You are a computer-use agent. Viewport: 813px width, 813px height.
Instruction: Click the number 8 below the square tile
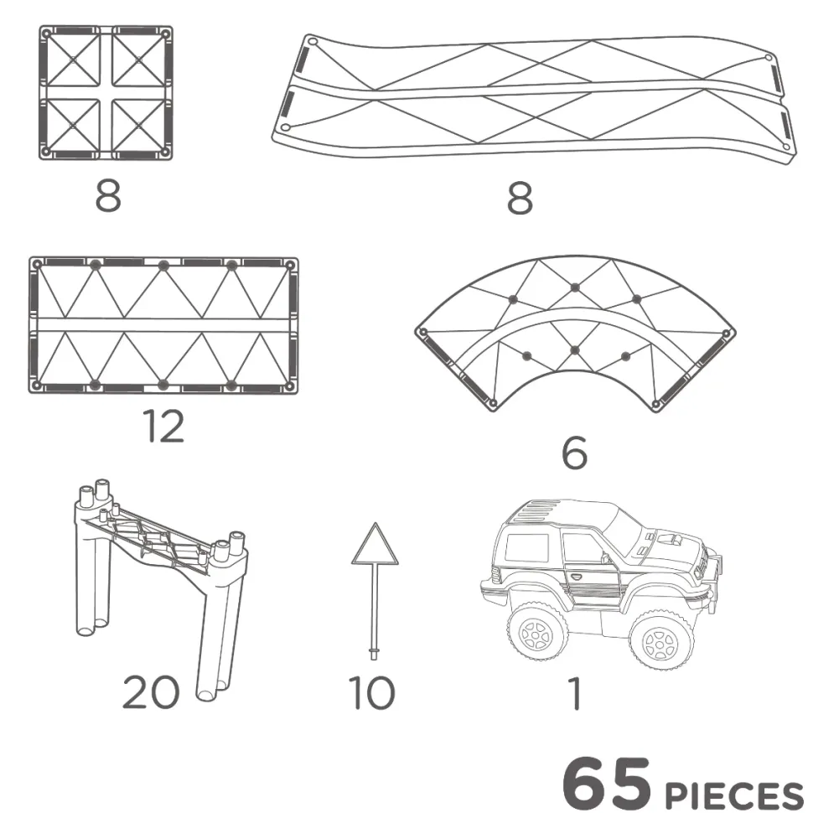[x=108, y=195]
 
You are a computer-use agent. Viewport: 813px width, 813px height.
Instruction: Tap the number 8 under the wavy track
[x=520, y=199]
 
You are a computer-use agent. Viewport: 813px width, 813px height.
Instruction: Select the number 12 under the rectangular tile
[x=163, y=427]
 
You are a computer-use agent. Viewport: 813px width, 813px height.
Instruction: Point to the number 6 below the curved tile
[x=574, y=453]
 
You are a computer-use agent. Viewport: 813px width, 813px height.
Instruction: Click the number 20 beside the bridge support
[x=151, y=692]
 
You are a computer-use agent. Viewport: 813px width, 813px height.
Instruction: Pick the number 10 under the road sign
[x=371, y=692]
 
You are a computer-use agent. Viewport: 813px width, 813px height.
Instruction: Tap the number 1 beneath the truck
[x=574, y=693]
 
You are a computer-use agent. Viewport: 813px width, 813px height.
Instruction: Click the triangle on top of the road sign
[x=375, y=545]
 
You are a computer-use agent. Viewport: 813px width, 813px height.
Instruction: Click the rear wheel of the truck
[x=538, y=632]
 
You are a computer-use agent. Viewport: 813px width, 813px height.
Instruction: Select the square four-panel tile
[x=106, y=92]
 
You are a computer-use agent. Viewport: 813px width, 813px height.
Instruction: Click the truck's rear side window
[x=527, y=547]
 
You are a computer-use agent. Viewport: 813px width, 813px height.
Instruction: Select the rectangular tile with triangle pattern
[x=163, y=324]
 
